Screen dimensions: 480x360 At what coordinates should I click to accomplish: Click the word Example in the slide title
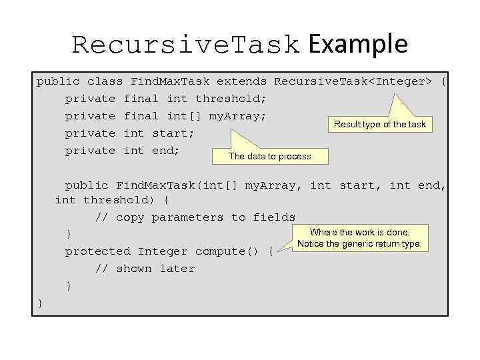(x=358, y=44)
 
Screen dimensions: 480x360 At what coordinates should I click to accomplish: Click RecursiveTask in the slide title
(x=186, y=45)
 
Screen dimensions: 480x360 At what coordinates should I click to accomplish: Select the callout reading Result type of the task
(x=379, y=124)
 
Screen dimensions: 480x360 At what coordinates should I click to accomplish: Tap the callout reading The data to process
(x=269, y=156)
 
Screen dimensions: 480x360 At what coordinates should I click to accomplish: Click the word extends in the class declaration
(x=241, y=81)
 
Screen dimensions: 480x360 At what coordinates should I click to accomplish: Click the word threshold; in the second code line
(x=230, y=99)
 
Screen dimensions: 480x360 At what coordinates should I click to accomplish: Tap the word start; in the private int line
(x=173, y=133)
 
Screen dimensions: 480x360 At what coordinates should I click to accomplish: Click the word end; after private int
(x=166, y=151)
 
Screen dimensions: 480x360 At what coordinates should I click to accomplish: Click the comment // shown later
(x=145, y=269)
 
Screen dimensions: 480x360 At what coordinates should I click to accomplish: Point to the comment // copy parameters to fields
(x=195, y=217)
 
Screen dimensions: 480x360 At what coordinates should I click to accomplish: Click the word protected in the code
(x=97, y=251)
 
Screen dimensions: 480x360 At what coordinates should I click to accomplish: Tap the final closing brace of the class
(x=40, y=303)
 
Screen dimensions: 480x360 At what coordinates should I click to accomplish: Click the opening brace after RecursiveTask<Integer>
(x=445, y=81)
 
